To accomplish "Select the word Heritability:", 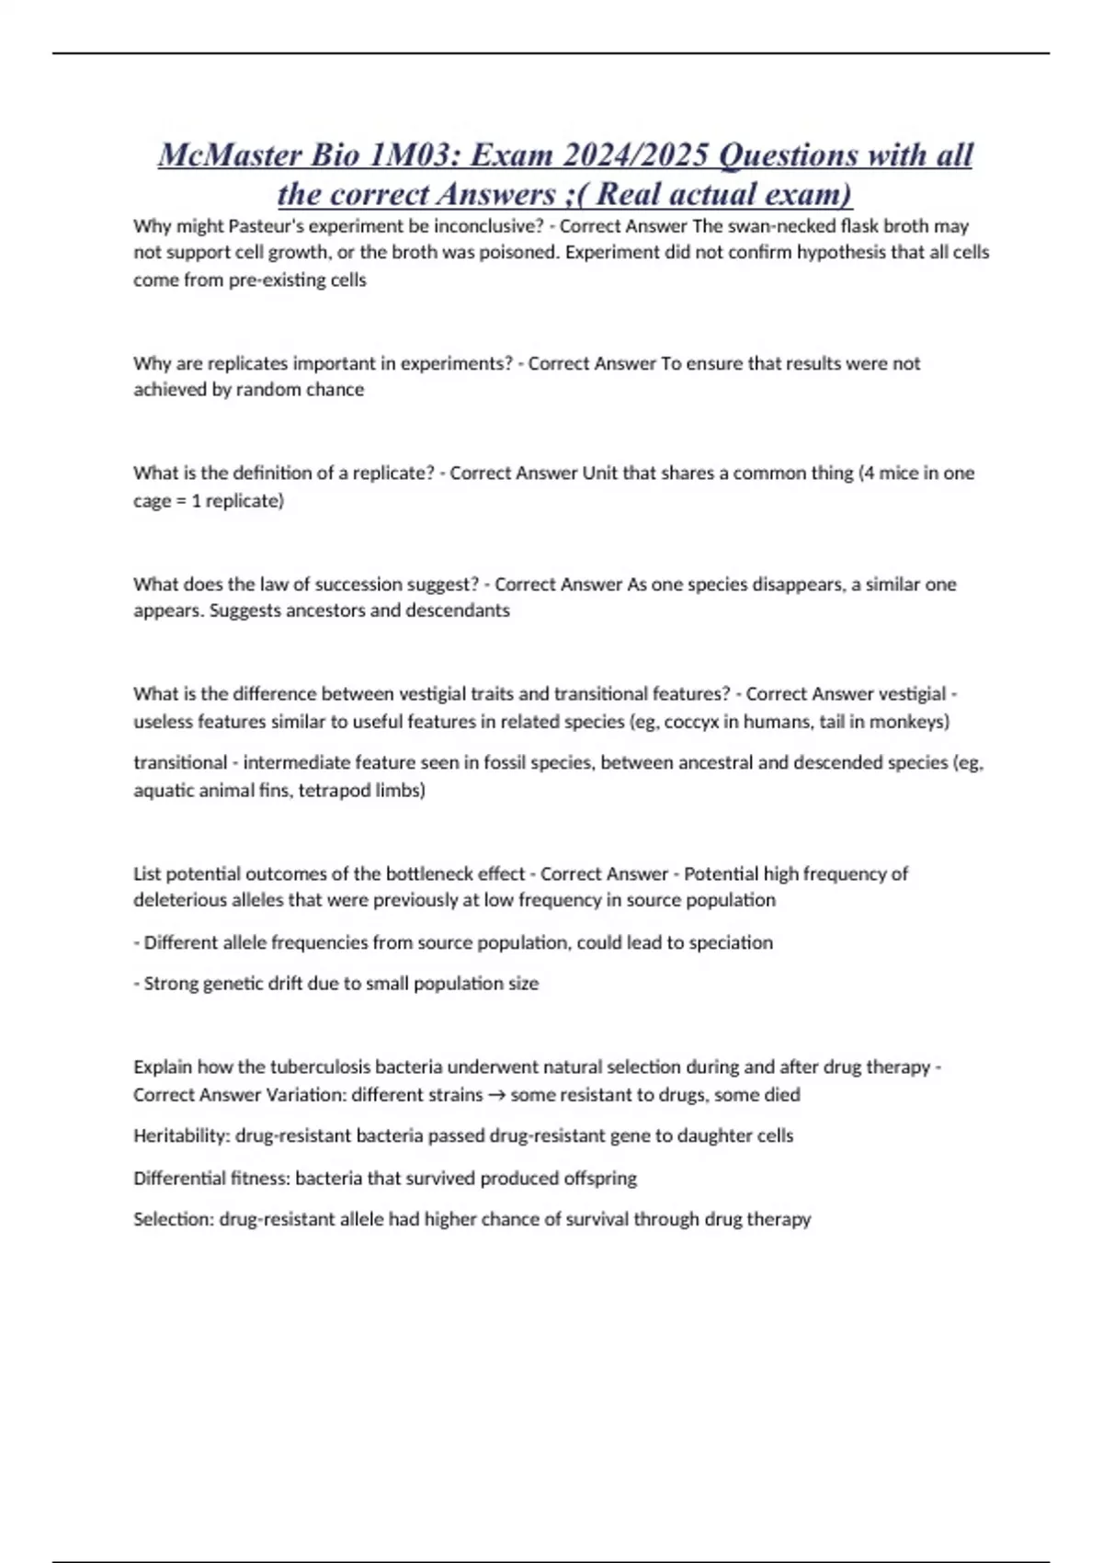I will pyautogui.click(x=181, y=1136).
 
